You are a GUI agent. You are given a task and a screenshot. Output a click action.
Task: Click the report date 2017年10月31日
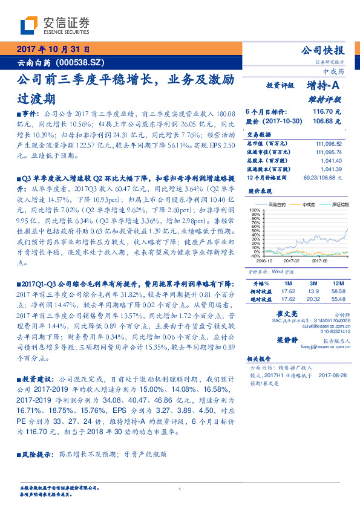point(53,49)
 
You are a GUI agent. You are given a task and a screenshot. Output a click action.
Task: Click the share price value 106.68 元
point(327,121)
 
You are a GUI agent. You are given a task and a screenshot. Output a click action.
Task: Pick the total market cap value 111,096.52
point(329,143)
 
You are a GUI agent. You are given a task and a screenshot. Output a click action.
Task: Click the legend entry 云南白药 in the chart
point(275,204)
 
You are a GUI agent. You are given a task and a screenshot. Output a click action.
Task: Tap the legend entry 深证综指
point(336,204)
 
